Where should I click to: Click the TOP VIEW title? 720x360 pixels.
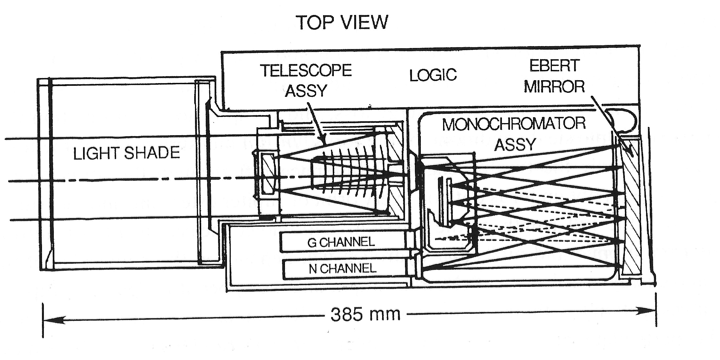[x=342, y=22]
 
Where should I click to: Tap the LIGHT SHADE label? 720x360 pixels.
[x=126, y=153]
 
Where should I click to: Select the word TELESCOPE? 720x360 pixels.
[x=306, y=70]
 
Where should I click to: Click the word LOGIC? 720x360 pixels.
[x=433, y=74]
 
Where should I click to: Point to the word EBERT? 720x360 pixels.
[x=554, y=66]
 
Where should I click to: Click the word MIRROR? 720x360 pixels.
[x=554, y=86]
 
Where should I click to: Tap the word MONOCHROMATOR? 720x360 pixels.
[x=514, y=124]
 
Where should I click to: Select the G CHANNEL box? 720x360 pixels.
[x=343, y=242]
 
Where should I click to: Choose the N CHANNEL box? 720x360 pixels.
[x=345, y=269]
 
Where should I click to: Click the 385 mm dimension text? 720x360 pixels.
[x=366, y=315]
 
